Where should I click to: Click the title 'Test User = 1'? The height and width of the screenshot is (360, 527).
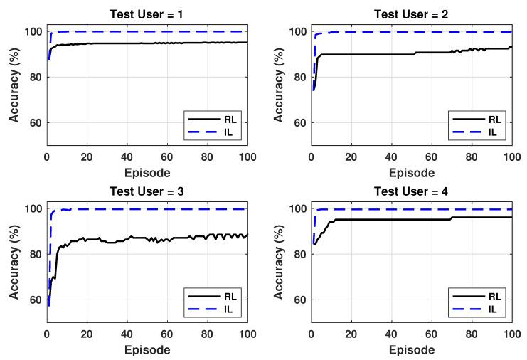coord(147,12)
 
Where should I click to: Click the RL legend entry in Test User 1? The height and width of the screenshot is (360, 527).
coord(225,119)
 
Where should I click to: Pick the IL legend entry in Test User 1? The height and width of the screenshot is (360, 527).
coord(225,132)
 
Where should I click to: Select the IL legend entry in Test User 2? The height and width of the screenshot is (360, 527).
coord(489,132)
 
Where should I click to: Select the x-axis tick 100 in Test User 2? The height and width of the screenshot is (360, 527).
coord(511,157)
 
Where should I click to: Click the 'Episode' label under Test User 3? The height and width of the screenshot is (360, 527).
coord(147,349)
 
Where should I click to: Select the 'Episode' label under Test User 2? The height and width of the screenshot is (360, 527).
coord(411,171)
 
